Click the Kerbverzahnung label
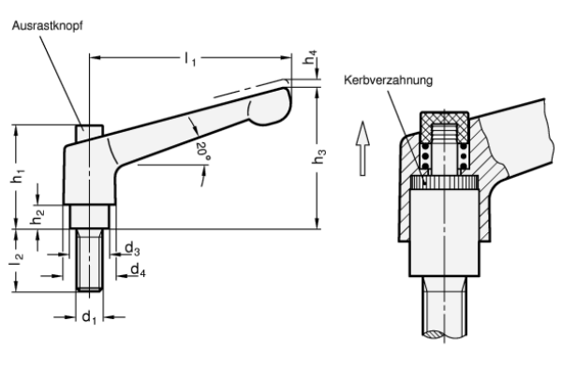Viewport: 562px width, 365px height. coord(388,81)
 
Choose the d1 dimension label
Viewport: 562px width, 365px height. coord(89,317)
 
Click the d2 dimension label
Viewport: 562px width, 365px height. coord(135,250)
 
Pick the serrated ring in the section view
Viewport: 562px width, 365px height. coord(445,182)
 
